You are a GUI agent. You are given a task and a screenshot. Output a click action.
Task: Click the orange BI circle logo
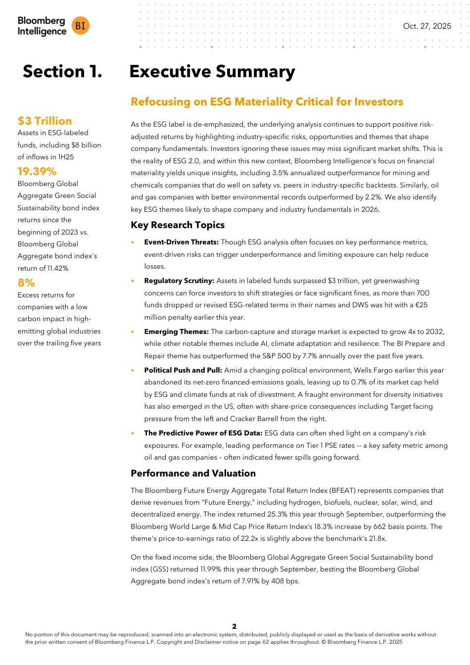point(81,26)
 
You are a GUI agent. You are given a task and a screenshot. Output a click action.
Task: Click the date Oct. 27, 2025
point(427,26)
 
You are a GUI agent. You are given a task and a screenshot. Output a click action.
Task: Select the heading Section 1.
point(62,72)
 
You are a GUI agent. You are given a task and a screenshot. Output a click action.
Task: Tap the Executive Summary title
point(212,72)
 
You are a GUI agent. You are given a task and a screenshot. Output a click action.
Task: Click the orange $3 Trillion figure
point(45,121)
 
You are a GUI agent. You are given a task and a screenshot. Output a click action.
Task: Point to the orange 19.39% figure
point(37,171)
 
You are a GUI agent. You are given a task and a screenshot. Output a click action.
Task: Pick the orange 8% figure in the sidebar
point(26,283)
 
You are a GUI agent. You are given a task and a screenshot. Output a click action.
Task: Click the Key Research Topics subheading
point(178,225)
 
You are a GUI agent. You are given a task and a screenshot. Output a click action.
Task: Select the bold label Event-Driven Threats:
point(181,242)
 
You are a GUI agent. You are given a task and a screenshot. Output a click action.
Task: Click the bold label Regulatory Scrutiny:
point(179,281)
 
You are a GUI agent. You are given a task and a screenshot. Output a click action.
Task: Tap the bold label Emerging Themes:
point(176,332)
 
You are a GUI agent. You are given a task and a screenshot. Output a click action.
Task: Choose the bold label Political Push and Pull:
point(183,370)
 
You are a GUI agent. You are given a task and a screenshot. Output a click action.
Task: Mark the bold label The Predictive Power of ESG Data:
point(203,433)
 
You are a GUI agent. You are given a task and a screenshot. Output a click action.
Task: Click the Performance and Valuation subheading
point(193,474)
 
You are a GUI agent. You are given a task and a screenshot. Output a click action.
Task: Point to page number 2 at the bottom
point(235,626)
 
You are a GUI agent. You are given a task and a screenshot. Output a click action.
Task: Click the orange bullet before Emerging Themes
point(133,332)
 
